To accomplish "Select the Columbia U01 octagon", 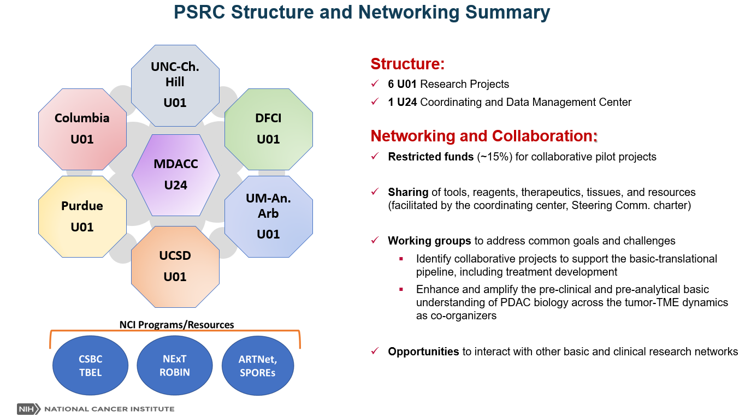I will (82, 129).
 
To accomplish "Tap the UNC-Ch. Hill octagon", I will (175, 85).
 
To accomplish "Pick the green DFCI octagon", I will (268, 129).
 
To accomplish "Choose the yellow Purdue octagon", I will (82, 216).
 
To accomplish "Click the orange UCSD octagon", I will (175, 266).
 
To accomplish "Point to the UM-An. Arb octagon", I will (268, 216).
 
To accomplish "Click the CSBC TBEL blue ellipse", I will (90, 365).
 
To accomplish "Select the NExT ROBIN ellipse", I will (175, 365).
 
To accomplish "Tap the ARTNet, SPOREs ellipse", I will (258, 365).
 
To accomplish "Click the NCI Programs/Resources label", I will (176, 325).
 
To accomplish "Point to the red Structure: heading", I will (407, 64).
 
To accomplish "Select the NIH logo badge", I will (26, 409).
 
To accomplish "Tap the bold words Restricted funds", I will (430, 157).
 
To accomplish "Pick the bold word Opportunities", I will (423, 352).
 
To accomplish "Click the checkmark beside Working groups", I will (375, 241).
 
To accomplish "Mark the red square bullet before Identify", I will (401, 259).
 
